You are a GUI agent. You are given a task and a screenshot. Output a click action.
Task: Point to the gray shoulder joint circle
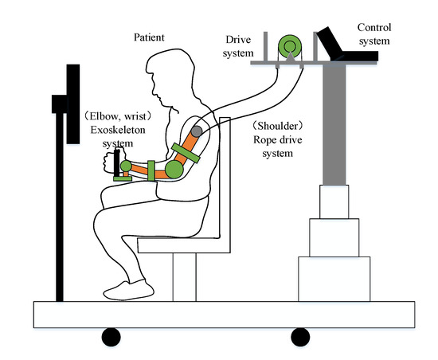click(196, 131)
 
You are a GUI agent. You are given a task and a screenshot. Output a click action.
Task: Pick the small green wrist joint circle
click(126, 166)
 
